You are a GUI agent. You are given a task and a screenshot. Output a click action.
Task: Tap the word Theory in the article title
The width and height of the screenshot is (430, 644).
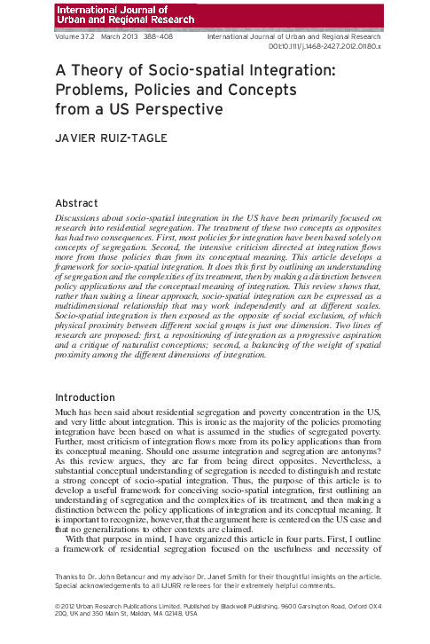[x=102, y=71]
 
